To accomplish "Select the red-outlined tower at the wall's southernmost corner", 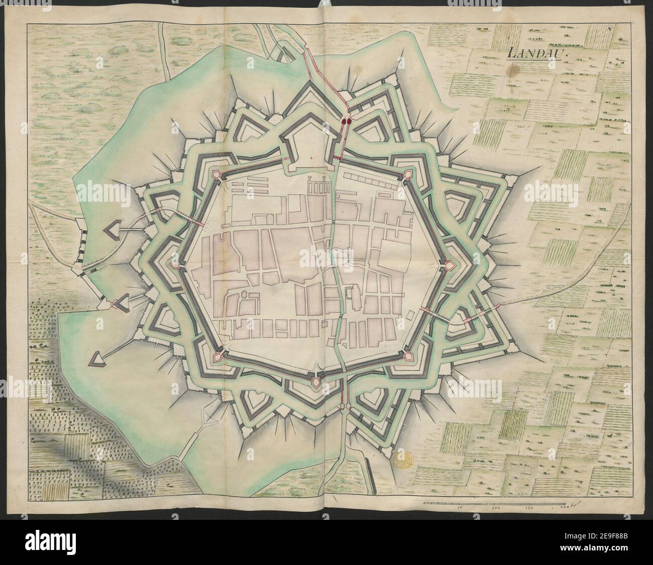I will (x=315, y=382).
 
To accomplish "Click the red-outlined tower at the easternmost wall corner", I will (x=448, y=263).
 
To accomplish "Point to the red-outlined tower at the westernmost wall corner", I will (x=176, y=265).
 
